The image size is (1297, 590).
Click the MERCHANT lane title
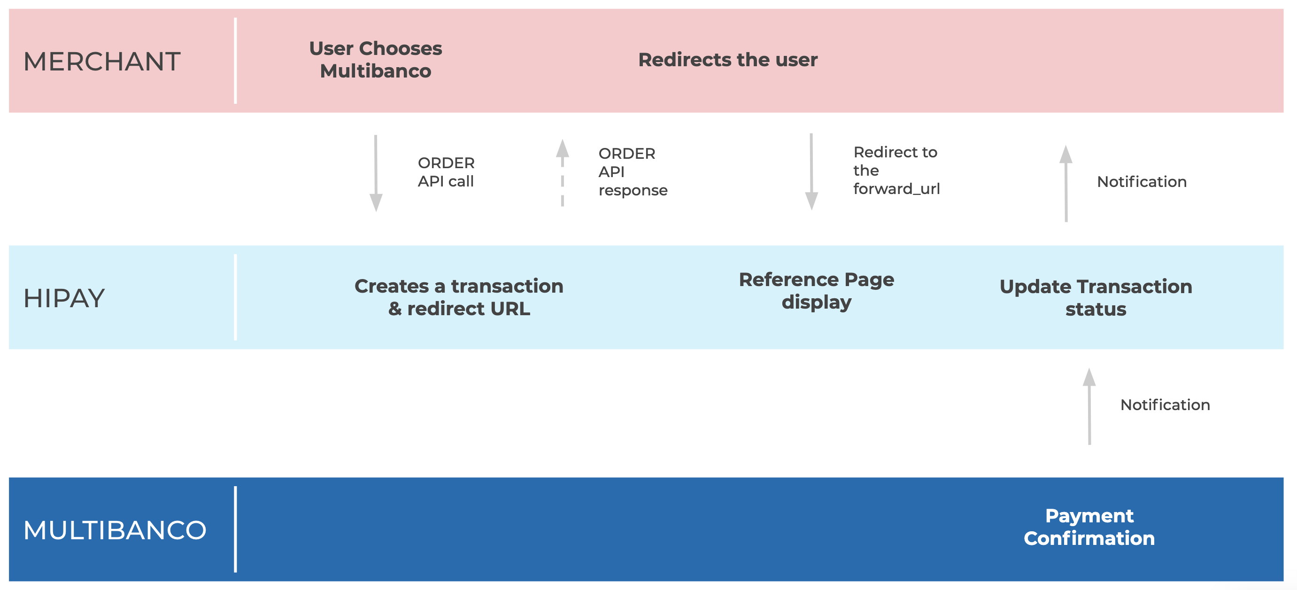click(x=102, y=62)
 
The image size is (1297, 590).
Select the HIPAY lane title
click(x=64, y=298)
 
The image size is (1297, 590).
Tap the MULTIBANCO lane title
click(x=115, y=530)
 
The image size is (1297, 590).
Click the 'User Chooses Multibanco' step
click(x=376, y=60)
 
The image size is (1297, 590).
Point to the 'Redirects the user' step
click(x=728, y=60)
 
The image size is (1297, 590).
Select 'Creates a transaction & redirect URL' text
click(x=459, y=297)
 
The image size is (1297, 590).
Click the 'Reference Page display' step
click(x=817, y=291)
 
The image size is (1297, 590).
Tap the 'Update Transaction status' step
click(x=1096, y=297)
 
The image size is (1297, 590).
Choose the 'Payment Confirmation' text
click(x=1089, y=527)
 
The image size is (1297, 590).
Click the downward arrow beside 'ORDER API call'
click(x=376, y=173)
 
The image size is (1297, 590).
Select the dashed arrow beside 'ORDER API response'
click(x=563, y=173)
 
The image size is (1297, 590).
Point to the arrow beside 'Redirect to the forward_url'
click(x=811, y=172)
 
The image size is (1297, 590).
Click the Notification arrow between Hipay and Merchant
click(x=1066, y=183)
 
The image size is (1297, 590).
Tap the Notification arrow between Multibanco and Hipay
click(x=1089, y=406)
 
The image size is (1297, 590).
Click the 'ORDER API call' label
click(x=446, y=172)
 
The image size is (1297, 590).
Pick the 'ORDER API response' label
click(x=633, y=172)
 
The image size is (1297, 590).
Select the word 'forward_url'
click(x=897, y=189)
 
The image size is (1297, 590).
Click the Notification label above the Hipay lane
click(x=1142, y=181)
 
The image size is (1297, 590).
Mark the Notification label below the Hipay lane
click(x=1165, y=404)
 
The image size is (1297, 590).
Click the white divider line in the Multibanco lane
click(x=235, y=529)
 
